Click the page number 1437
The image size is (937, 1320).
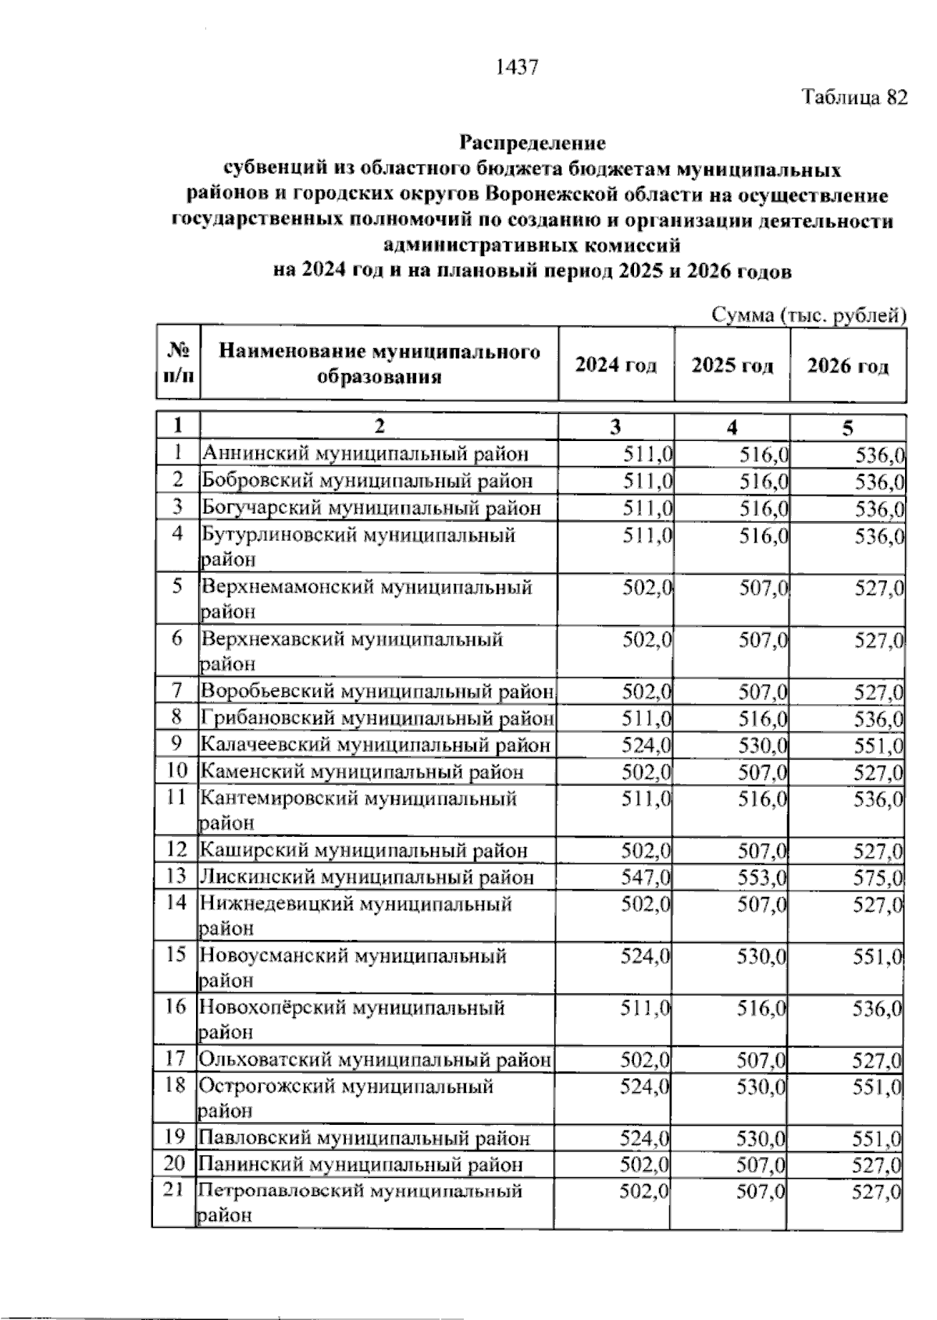click(517, 68)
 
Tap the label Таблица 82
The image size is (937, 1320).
click(855, 98)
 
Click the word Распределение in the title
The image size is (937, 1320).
click(532, 143)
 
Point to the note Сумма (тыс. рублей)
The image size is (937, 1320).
click(809, 315)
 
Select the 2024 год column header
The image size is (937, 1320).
click(615, 365)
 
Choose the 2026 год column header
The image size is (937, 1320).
click(847, 365)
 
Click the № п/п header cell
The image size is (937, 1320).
click(178, 365)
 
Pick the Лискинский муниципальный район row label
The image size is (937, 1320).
click(367, 877)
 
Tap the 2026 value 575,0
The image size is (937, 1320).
click(878, 877)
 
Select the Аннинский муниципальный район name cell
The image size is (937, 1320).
click(365, 454)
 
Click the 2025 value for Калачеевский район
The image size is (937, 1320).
click(762, 745)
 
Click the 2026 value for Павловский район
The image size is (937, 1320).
click(878, 1138)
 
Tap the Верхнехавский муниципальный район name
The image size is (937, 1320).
click(352, 650)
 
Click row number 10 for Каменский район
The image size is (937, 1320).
click(177, 771)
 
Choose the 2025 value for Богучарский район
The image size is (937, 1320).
click(764, 508)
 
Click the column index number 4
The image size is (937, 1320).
click(732, 427)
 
